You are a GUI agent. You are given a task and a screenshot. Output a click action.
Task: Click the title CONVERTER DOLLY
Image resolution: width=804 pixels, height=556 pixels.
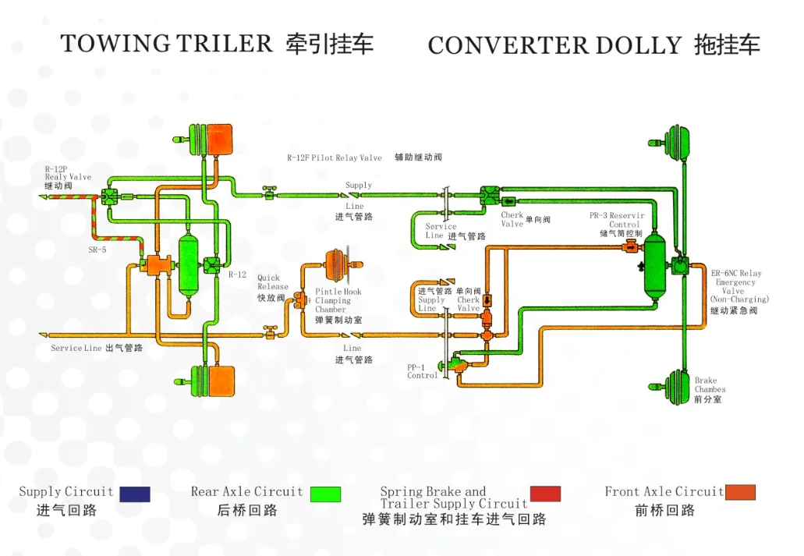[x=554, y=46]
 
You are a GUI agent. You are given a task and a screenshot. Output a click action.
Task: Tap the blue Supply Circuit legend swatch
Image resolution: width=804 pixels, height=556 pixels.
[x=134, y=494]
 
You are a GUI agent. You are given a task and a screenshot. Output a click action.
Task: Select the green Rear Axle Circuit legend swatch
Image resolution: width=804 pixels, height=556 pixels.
[x=325, y=494]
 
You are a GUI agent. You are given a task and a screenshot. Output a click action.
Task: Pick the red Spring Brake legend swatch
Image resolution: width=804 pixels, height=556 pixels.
[x=545, y=494]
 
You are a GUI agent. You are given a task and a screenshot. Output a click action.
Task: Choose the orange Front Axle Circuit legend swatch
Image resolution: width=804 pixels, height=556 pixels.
[x=740, y=493]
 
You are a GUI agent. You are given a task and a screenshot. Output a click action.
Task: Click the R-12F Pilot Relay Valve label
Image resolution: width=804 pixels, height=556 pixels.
[x=335, y=158]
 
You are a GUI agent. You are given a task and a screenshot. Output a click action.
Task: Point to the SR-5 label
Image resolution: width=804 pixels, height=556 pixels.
[x=97, y=250]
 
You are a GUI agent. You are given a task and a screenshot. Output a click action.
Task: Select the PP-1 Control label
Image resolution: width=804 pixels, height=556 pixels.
[x=422, y=371]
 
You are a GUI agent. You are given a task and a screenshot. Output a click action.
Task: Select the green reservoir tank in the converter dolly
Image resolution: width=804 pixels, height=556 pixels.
[x=656, y=266]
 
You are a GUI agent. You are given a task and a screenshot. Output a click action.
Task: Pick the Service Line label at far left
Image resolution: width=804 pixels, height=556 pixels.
[x=76, y=348]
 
